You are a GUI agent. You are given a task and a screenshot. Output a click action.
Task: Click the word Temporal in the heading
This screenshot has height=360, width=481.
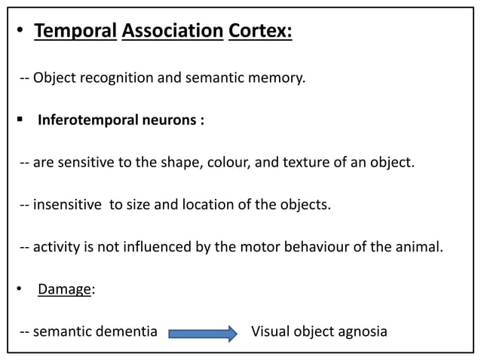[74, 33]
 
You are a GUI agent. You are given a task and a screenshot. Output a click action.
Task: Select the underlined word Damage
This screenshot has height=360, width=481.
[64, 289]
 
